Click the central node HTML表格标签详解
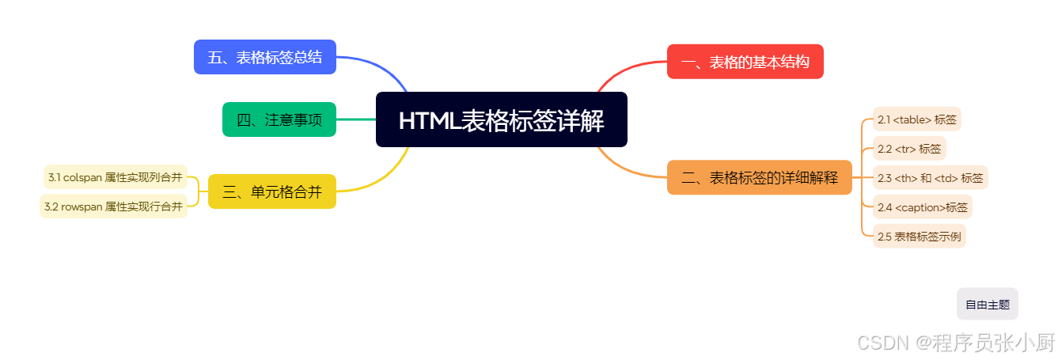(x=501, y=120)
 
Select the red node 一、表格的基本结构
(x=745, y=62)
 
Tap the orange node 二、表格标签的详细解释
(x=759, y=177)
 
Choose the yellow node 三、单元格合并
(x=271, y=191)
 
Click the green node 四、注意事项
(x=279, y=120)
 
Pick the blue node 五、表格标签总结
(x=264, y=57)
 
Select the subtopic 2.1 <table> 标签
(x=916, y=119)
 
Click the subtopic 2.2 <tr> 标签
(x=909, y=149)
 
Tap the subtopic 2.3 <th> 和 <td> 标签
(x=930, y=178)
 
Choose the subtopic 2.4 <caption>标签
(x=922, y=207)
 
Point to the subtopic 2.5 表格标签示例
(x=919, y=237)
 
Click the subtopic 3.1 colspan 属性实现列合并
(x=115, y=177)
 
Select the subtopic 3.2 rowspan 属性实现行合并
(x=113, y=207)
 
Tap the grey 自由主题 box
(x=987, y=305)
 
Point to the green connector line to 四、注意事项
(x=356, y=119)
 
